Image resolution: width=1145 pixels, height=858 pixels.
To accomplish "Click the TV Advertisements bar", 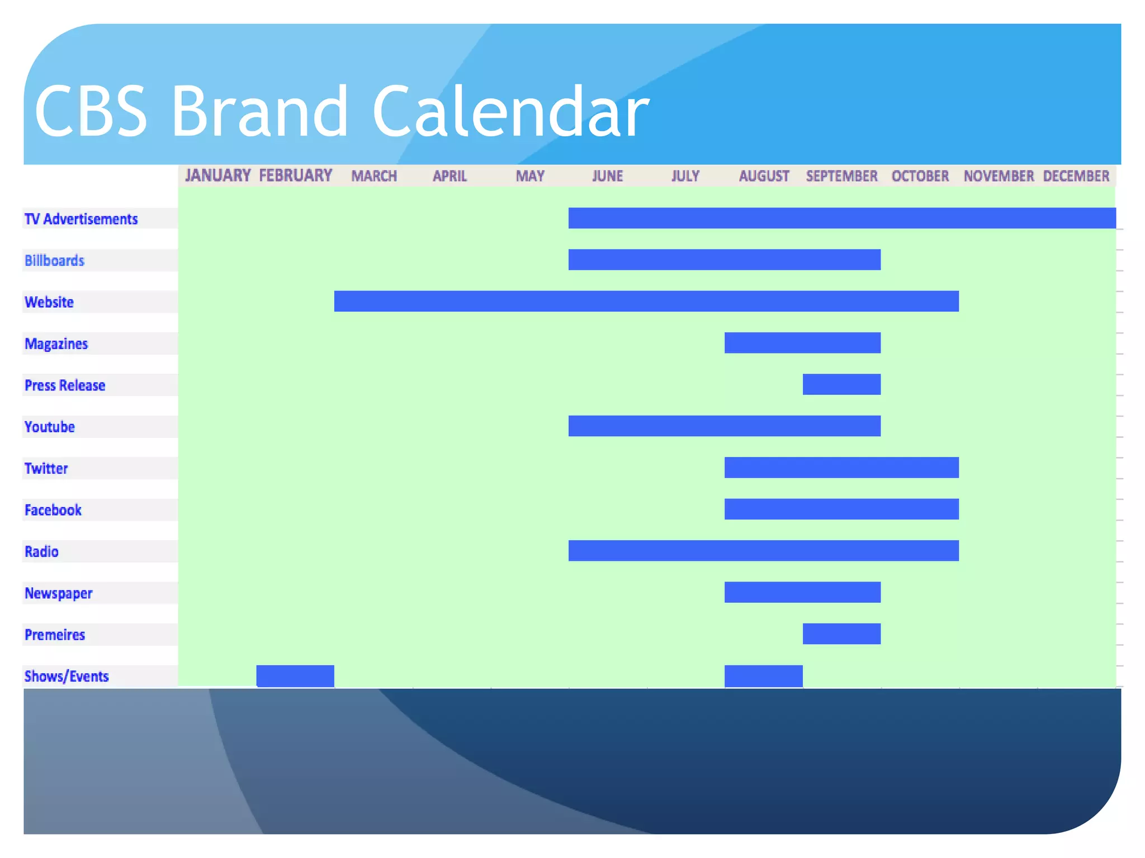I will click(841, 218).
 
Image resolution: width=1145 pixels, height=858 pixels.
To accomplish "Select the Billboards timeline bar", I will click(724, 260).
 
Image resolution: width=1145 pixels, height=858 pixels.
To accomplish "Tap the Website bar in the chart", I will click(646, 301).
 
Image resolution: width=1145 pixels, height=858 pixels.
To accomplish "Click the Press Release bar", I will click(841, 384).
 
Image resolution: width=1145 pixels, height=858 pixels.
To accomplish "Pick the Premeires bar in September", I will click(841, 633).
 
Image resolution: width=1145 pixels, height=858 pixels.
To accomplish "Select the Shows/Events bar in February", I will click(295, 675).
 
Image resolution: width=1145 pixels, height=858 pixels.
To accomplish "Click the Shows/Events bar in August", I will click(763, 675).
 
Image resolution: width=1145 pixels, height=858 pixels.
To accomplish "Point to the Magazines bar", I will click(802, 342).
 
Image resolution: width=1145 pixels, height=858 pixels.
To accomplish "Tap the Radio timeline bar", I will click(763, 550).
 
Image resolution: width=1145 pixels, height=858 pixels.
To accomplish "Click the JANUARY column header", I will click(217, 175).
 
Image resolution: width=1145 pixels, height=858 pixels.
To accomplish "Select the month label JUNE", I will click(607, 176).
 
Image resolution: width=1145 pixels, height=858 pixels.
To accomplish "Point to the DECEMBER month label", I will click(1076, 176).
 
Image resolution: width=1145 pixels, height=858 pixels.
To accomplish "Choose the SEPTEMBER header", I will click(841, 176).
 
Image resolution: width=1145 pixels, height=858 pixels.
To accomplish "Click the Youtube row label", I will click(50, 427).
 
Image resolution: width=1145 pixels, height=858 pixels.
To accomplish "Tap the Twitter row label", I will click(46, 468).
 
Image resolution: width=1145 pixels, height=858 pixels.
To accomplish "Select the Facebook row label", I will click(53, 510).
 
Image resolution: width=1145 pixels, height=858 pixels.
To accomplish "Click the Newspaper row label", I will click(58, 593).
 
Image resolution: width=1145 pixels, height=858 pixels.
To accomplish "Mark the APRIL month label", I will click(450, 176).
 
